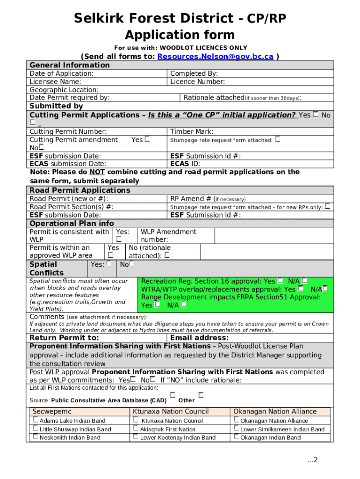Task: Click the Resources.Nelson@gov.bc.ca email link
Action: [216, 57]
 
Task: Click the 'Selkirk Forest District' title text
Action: [154, 19]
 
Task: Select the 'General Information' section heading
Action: [70, 65]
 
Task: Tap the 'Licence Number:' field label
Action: [197, 82]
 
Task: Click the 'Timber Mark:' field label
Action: [192, 131]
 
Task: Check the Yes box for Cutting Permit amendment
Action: [148, 139]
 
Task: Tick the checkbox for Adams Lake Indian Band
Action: [36, 420]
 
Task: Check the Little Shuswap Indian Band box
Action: [36, 428]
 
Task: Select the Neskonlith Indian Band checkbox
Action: [36, 437]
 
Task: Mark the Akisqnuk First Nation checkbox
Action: [136, 428]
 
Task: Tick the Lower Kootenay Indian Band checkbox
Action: [136, 437]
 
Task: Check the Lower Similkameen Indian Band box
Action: [236, 428]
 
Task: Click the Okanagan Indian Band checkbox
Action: [236, 437]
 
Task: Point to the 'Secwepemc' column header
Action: [52, 412]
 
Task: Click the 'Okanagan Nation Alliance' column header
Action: [275, 412]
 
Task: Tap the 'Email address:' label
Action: [199, 338]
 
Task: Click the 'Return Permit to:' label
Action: [64, 338]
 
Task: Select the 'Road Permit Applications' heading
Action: [80, 190]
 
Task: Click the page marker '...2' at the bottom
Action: [312, 460]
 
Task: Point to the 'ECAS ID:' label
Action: [185, 164]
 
